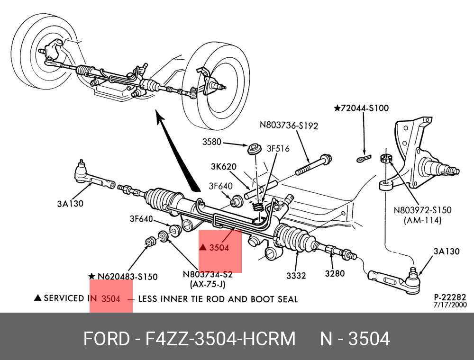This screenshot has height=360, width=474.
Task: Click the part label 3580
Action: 211,142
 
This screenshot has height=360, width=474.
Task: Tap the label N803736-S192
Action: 289,126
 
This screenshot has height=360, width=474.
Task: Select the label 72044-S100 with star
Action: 361,108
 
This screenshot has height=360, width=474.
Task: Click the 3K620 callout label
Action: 224,167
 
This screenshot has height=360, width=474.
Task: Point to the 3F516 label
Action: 278,149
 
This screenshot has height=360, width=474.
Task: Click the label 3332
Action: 296,275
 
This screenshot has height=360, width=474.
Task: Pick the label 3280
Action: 335,273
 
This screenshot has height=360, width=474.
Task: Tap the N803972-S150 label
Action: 422,210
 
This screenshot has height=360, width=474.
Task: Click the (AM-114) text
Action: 423,220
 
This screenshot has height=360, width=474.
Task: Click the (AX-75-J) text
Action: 208,284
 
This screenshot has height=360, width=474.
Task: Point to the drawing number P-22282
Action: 450,297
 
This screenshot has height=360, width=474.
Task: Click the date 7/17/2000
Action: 450,305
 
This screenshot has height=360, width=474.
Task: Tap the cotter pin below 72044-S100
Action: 364,159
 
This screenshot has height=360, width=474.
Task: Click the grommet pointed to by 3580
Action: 255,149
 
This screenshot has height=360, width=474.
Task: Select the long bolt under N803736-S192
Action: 313,165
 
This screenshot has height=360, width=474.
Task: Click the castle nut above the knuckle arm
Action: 386,158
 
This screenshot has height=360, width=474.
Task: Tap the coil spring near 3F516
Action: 258,207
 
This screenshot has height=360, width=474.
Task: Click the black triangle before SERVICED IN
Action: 37,298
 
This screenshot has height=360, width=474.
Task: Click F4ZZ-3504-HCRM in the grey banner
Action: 220,339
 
